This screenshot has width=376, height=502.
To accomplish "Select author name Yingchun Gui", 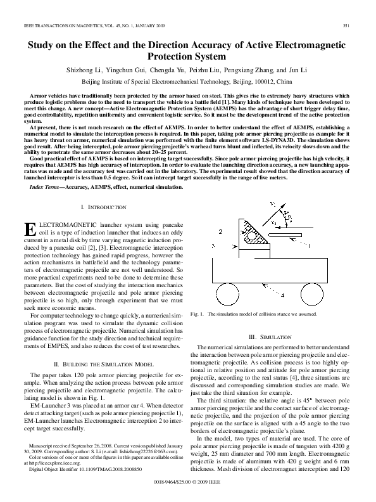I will (123, 70).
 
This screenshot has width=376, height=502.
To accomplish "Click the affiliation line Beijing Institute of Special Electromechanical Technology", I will (187, 82).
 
